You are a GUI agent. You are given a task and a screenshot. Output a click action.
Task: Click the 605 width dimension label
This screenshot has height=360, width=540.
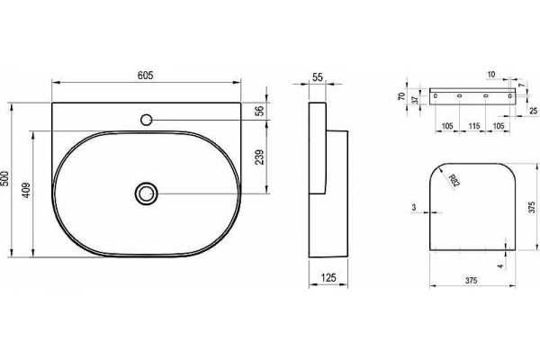[145, 76]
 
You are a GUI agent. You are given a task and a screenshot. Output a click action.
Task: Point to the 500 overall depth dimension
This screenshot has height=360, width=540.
[5, 178]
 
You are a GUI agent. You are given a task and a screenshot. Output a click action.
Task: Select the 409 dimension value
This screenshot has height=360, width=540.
[26, 190]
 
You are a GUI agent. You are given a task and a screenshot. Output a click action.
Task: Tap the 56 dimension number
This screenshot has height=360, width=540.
[260, 110]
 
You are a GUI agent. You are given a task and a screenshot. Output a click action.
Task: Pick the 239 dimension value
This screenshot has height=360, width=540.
[260, 157]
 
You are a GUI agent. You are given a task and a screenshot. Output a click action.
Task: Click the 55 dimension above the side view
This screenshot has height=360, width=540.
[317, 77]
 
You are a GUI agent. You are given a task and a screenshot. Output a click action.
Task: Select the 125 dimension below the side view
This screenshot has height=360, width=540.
[328, 277]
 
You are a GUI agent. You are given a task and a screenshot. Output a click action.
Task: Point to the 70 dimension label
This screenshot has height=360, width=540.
[401, 96]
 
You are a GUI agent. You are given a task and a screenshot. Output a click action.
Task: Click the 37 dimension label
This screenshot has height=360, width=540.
[415, 100]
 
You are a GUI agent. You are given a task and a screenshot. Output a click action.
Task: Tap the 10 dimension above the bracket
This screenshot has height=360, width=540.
[491, 74]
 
